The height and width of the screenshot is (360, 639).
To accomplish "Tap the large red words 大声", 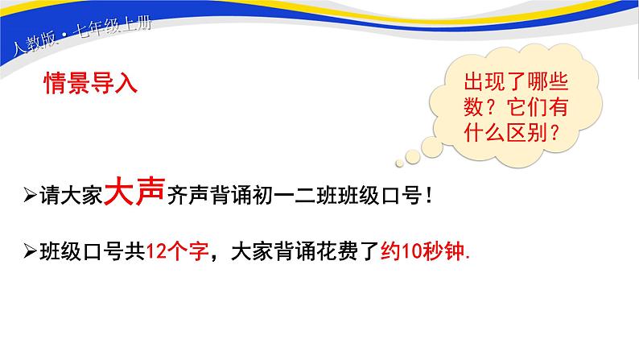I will click(136, 193).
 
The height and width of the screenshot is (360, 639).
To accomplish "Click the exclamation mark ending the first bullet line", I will click(428, 197).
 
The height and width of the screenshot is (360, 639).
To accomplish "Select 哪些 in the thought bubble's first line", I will click(549, 83).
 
